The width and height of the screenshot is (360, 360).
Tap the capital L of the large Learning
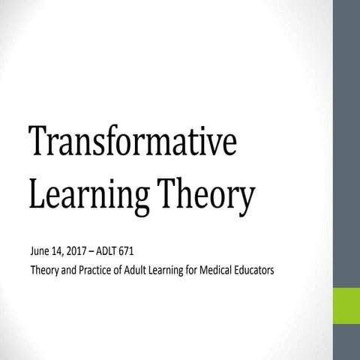tap(35, 192)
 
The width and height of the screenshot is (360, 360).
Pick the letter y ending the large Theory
tap(247, 199)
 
